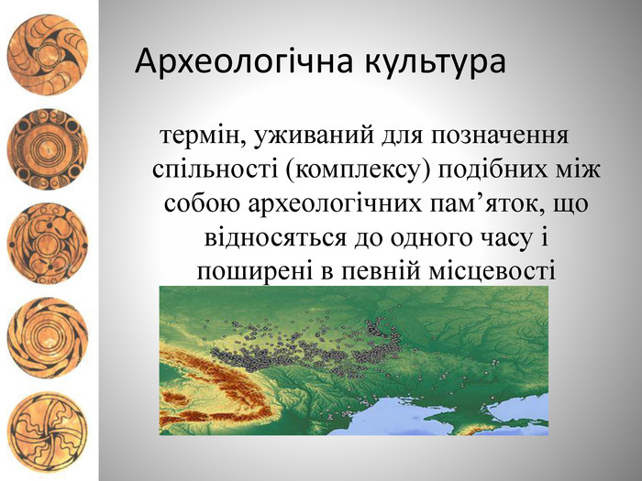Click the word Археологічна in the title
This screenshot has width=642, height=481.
click(x=243, y=61)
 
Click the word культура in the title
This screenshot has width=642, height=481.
click(x=435, y=62)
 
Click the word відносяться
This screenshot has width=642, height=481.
click(x=275, y=238)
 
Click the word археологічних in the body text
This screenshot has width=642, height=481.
click(x=335, y=203)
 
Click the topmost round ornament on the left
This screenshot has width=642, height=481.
click(x=48, y=55)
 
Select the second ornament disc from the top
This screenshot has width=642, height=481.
click(x=48, y=148)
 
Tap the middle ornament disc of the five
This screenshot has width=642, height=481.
click(x=48, y=244)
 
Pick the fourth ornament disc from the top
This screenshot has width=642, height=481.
click(x=48, y=338)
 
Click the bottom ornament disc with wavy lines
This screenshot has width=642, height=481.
click(x=48, y=432)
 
